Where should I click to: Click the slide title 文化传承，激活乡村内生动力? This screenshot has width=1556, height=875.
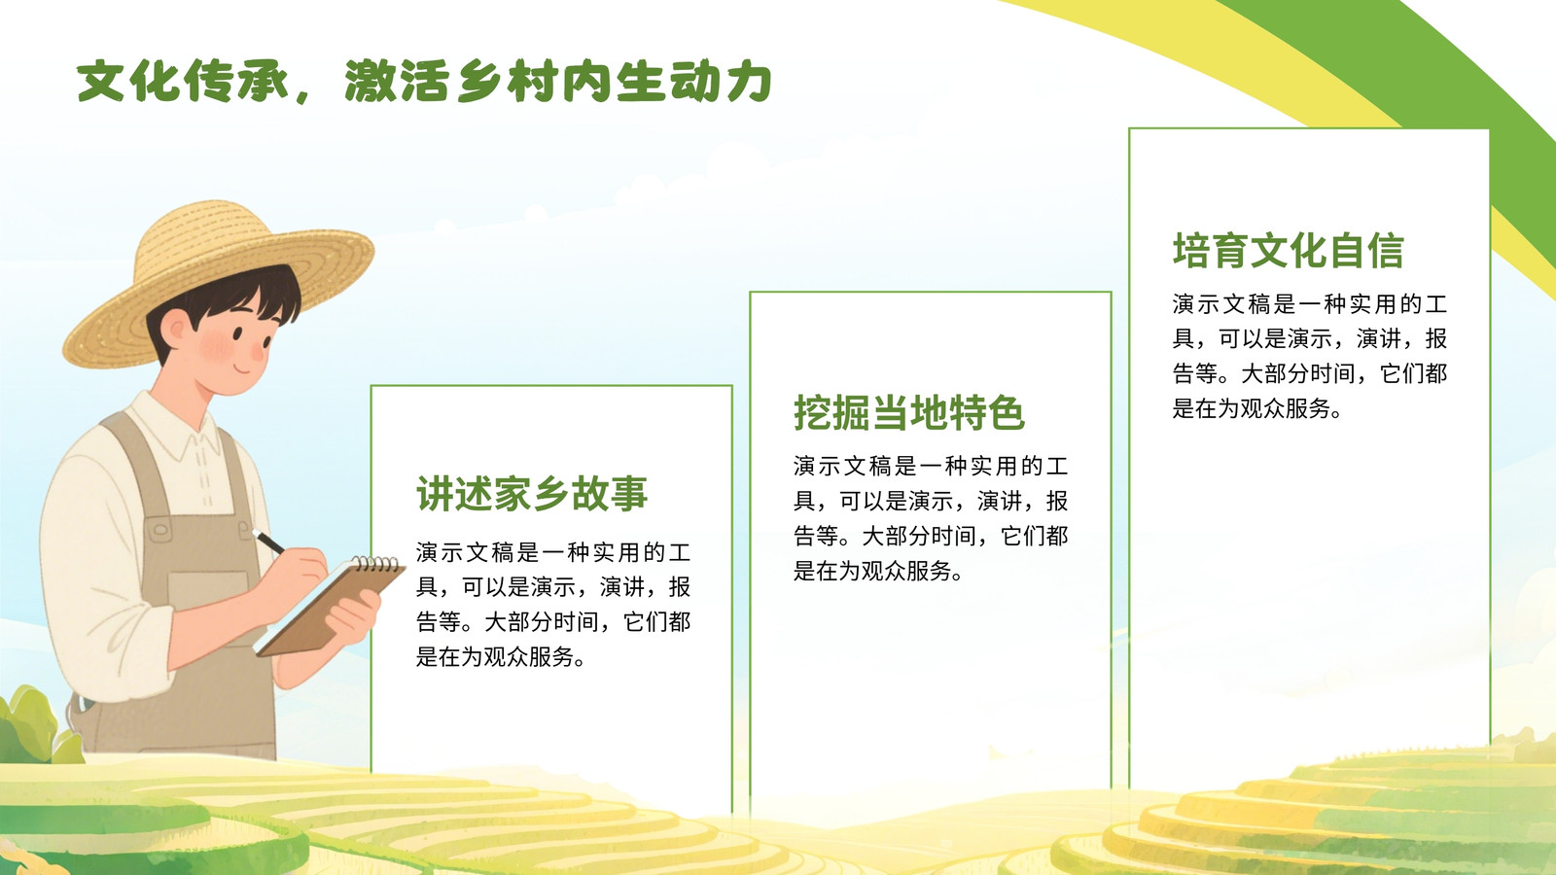[424, 82]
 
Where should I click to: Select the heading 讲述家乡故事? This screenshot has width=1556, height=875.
[532, 494]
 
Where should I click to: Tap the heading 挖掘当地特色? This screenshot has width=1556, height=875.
[909, 412]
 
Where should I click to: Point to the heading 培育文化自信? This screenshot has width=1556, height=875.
[1288, 251]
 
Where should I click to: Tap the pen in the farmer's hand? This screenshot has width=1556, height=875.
[268, 542]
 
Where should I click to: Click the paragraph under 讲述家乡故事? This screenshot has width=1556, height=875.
[553, 604]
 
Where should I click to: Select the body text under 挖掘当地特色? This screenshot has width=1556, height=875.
[931, 518]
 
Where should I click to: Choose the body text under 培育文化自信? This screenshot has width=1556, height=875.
[1310, 356]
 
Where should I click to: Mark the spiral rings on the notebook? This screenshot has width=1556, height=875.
[376, 563]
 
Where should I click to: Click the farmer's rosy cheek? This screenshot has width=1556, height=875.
[215, 344]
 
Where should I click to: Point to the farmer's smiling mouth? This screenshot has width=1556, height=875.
[243, 367]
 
